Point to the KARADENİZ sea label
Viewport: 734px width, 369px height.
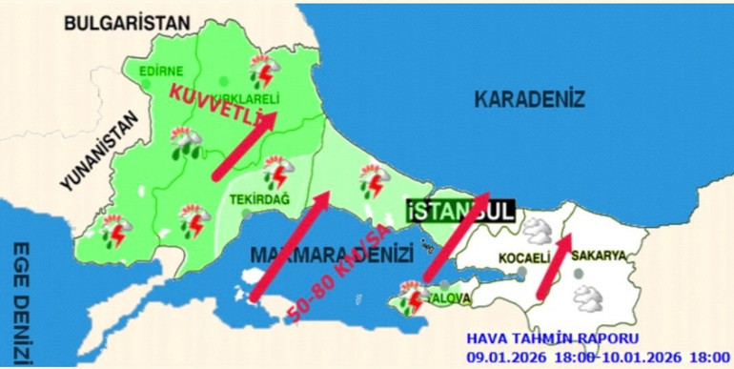click(529, 98)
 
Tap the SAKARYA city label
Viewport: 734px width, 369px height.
click(599, 256)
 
